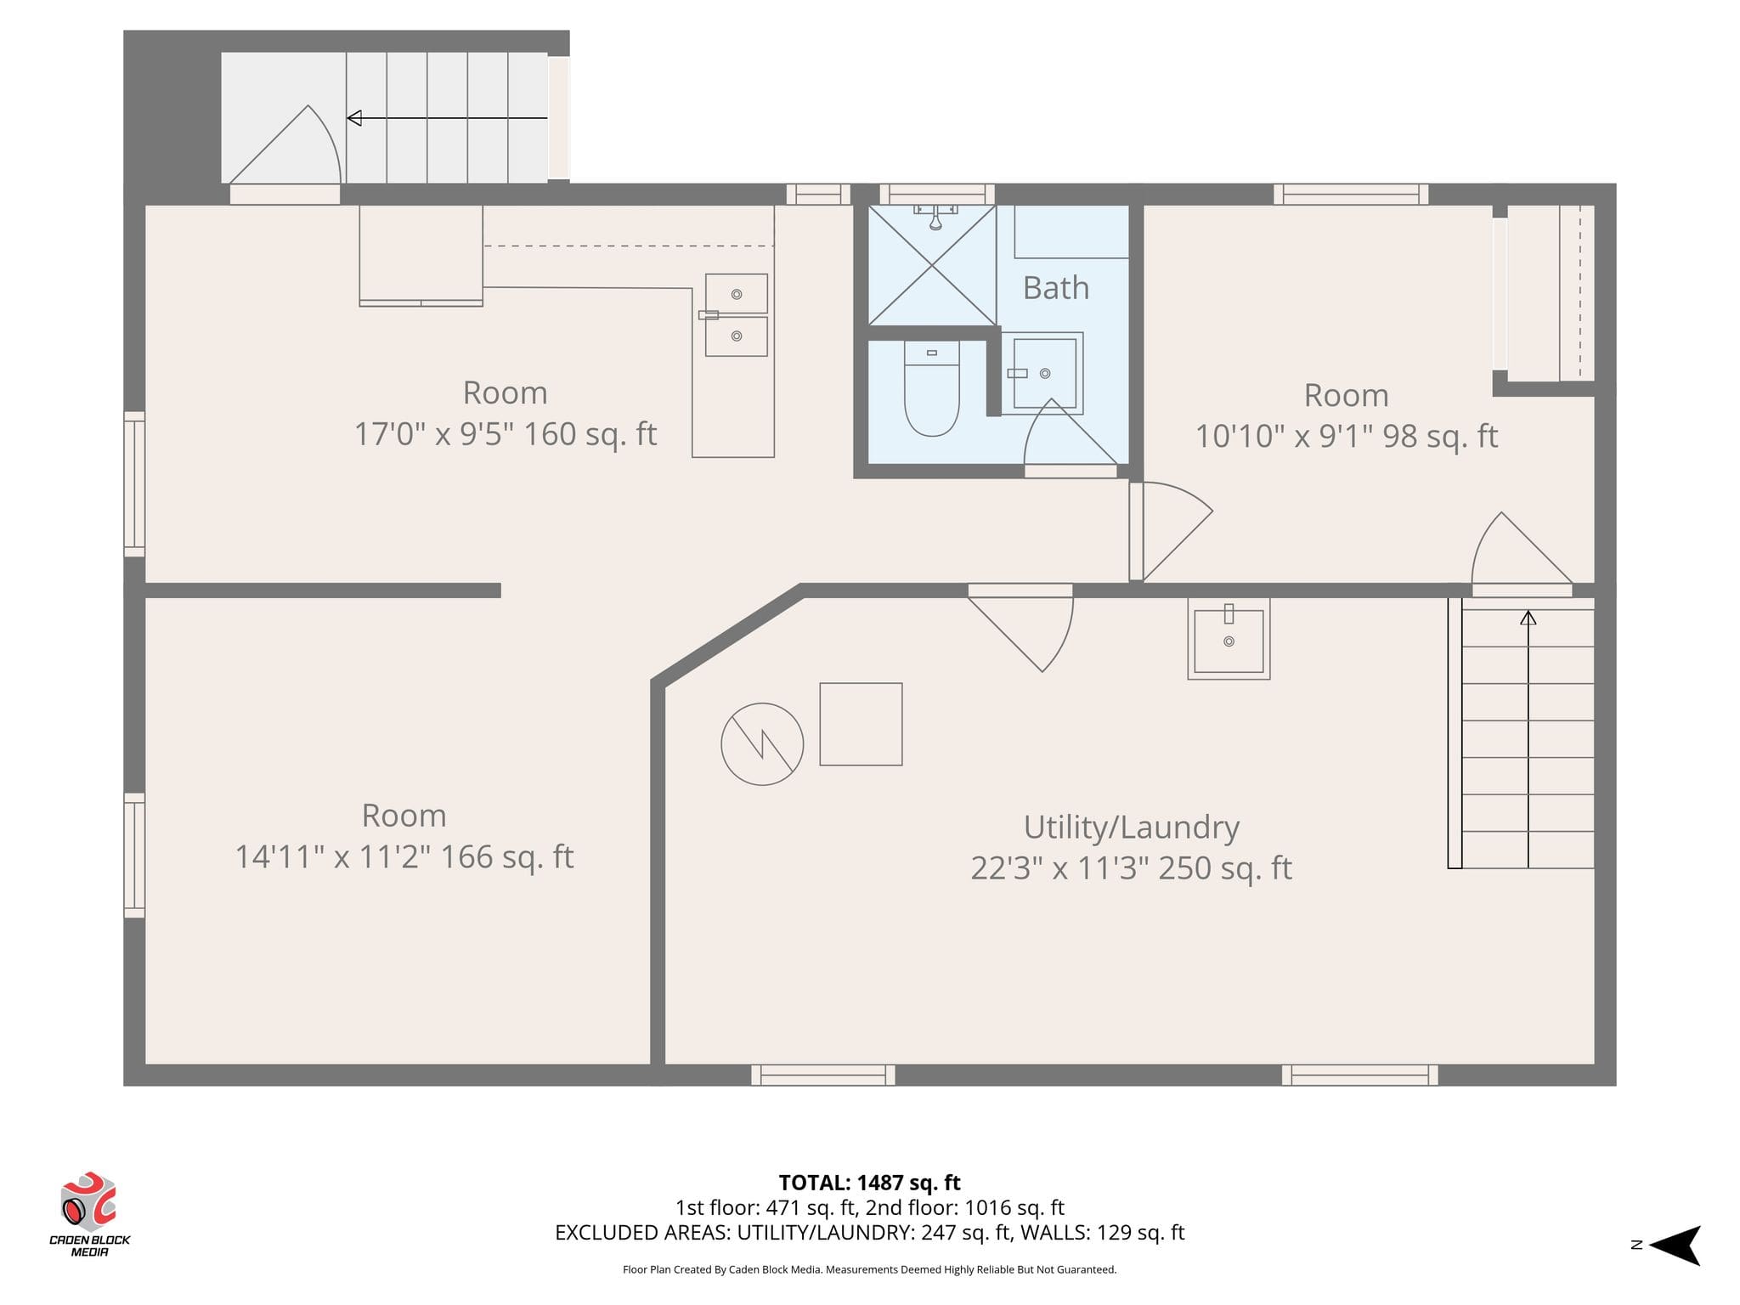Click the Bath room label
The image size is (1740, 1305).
[1055, 288]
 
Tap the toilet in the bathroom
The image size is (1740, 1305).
[931, 388]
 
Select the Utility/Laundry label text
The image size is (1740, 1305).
[1131, 827]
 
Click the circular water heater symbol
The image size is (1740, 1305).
[762, 744]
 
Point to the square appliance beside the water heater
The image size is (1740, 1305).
[861, 724]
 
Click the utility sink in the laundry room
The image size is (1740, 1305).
[1229, 639]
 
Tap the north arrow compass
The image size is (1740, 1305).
[1675, 1246]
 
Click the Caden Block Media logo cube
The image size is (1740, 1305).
[88, 1202]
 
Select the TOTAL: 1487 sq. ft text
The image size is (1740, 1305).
[869, 1183]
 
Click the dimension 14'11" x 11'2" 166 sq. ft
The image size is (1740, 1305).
[404, 856]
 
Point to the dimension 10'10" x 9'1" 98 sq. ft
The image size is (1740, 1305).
[1347, 436]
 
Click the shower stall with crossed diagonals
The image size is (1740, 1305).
[932, 265]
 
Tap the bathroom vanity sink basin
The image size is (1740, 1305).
[1043, 373]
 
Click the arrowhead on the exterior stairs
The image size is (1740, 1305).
[354, 118]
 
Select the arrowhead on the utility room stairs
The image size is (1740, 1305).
[1528, 618]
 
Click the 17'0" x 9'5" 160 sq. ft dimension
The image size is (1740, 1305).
[506, 434]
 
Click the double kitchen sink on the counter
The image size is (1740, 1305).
[737, 315]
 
